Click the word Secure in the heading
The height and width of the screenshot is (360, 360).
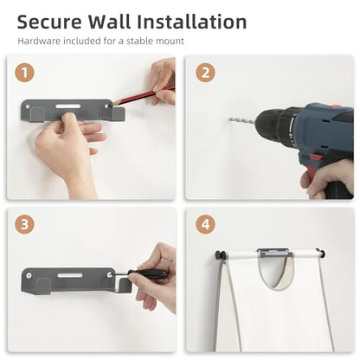[49, 22]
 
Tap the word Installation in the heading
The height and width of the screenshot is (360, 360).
[191, 22]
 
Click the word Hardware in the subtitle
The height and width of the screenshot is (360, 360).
[39, 41]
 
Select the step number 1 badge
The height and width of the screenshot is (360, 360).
[25, 73]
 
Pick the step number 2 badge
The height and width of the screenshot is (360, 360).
[205, 73]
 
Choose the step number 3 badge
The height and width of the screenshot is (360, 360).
[25, 224]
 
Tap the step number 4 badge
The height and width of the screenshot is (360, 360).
[205, 224]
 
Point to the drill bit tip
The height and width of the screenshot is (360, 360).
[230, 119]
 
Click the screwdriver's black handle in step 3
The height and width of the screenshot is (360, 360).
[147, 273]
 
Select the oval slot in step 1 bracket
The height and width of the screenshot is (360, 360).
[68, 106]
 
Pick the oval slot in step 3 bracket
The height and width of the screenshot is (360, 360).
[70, 275]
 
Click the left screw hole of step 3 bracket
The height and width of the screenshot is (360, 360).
[29, 275]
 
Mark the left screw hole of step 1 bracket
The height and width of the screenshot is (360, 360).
[28, 106]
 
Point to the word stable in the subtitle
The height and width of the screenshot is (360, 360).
[140, 41]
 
